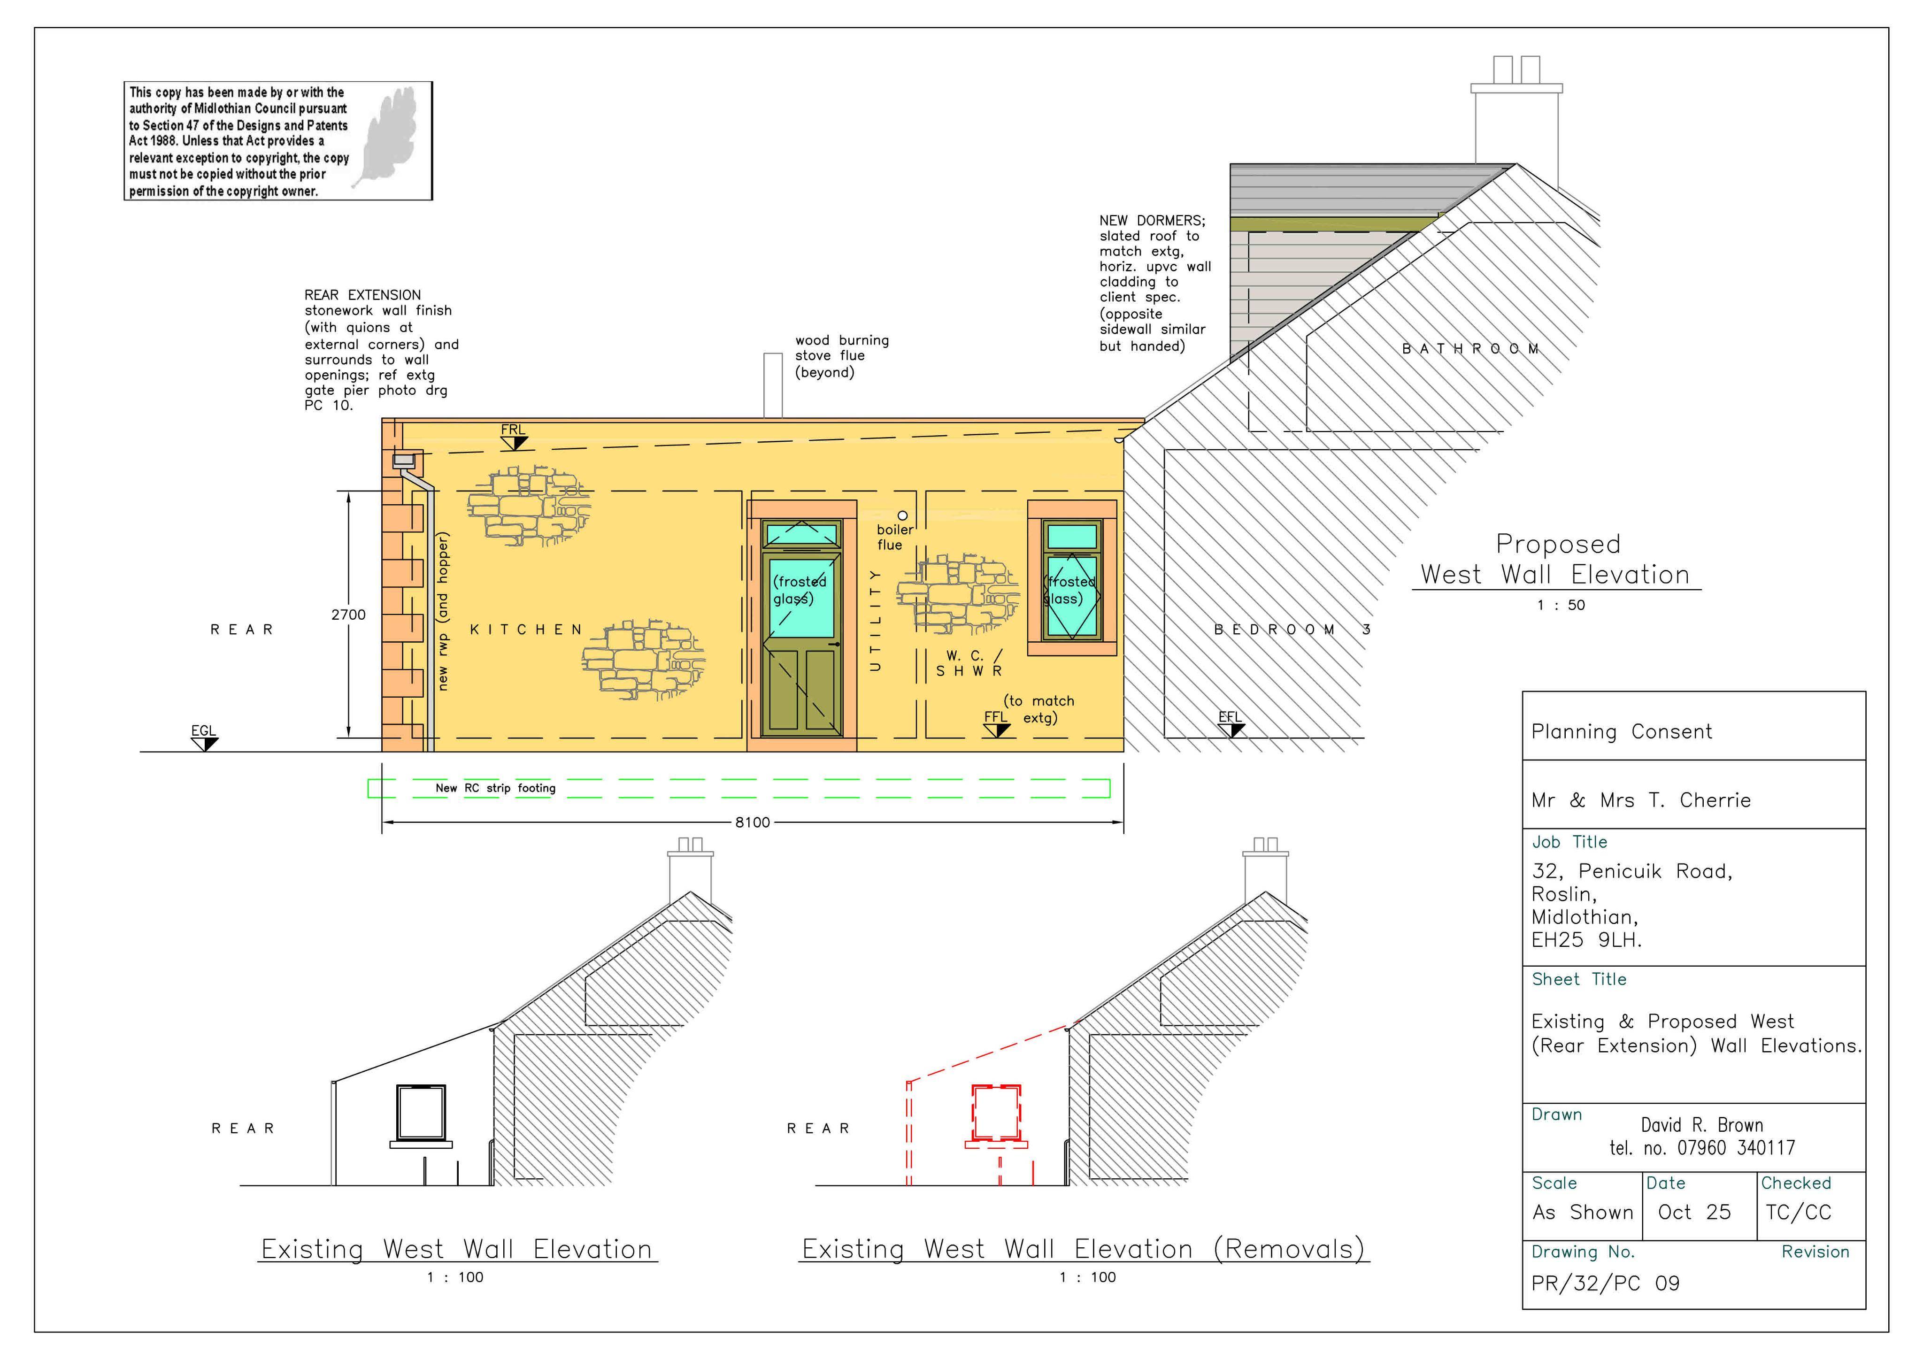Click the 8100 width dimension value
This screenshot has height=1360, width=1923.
(752, 822)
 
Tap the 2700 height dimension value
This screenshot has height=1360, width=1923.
(348, 615)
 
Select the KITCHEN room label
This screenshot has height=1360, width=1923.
(526, 630)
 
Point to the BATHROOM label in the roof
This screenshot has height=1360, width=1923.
(1471, 349)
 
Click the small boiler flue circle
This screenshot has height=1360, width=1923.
(902, 516)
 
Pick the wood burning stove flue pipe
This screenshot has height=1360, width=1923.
(772, 385)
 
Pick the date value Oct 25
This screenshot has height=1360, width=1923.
(1694, 1213)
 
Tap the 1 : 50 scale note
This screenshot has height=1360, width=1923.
(1561, 606)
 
